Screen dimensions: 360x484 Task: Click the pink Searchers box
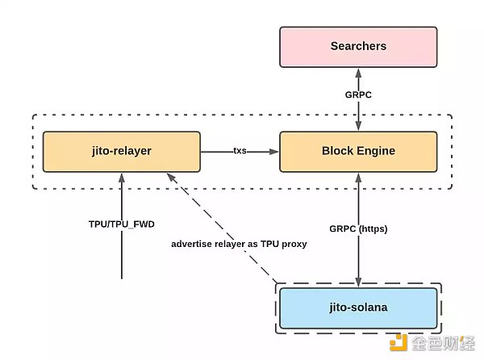pyautogui.click(x=358, y=46)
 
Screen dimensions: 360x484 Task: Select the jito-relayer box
pyautogui.click(x=121, y=152)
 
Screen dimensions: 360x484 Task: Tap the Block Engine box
pyautogui.click(x=358, y=152)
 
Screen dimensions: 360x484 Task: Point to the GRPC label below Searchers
pyautogui.click(x=357, y=94)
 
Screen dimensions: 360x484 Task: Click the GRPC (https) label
pyautogui.click(x=357, y=228)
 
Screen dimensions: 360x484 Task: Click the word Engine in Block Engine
pyautogui.click(x=377, y=152)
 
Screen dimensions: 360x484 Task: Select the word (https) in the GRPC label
pyautogui.click(x=372, y=228)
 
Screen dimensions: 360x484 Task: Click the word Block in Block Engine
pyautogui.click(x=337, y=152)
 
